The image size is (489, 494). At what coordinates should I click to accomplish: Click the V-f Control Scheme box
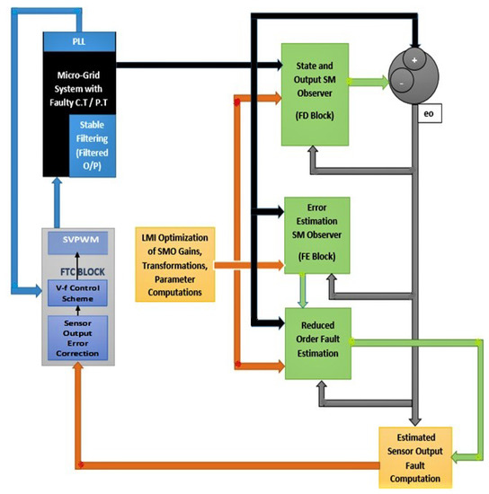(x=82, y=294)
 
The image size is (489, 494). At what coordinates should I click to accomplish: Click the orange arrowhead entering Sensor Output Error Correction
(x=82, y=370)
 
